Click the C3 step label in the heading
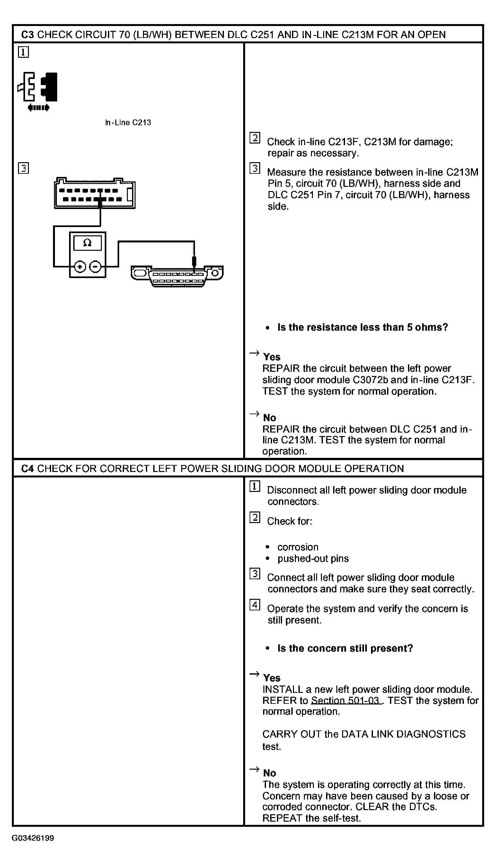(27, 35)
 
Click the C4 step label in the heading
(27, 469)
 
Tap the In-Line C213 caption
(128, 123)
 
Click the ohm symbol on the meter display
(87, 243)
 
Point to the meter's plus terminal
(80, 267)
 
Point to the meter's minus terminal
(95, 267)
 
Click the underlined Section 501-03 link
(345, 701)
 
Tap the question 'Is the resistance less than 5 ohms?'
(362, 328)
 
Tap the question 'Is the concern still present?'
(345, 649)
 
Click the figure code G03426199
(33, 838)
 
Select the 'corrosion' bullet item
(298, 547)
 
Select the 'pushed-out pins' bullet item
(313, 559)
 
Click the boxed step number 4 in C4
(255, 605)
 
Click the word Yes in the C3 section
(271, 357)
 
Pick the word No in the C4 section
(270, 773)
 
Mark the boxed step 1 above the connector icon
(23, 52)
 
